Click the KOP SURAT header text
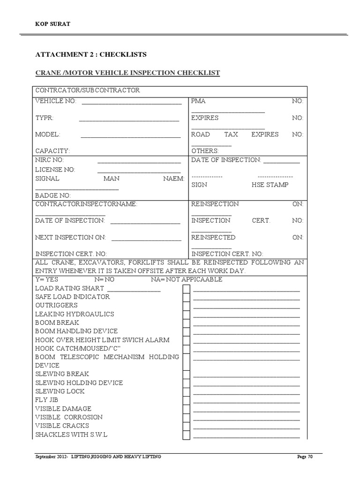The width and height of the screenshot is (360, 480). coord(52,24)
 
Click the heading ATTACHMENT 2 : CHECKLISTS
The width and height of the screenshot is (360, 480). coord(91,54)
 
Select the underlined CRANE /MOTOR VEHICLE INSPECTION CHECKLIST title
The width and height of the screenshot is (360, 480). coord(127,73)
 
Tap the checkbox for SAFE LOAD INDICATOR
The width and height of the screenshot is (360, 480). coord(186,297)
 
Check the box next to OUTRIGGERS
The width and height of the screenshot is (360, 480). coord(186,306)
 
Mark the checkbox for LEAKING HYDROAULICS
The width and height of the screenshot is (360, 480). coord(186,314)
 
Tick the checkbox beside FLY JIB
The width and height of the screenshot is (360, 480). coord(186,400)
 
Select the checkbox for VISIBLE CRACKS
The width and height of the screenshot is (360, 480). coord(186,426)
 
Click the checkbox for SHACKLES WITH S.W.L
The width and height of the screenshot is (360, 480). coord(186,435)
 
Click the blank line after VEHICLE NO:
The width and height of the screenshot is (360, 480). coord(131,103)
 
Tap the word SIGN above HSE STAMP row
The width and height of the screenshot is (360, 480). coord(199,185)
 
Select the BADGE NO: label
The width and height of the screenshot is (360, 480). coord(53,195)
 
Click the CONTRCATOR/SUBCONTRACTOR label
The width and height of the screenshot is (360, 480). coord(87,90)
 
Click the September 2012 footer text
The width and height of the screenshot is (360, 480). coord(52,457)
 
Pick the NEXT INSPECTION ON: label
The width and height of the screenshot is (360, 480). coord(71,238)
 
